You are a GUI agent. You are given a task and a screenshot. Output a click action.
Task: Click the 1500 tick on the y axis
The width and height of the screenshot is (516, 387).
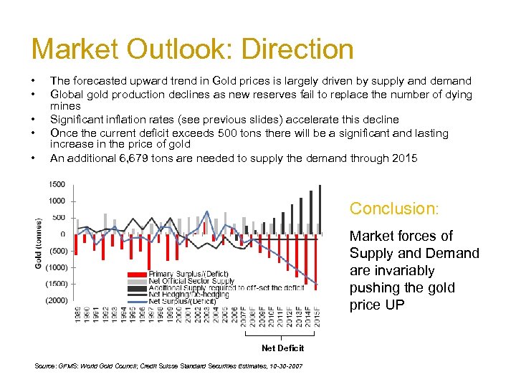click(57, 184)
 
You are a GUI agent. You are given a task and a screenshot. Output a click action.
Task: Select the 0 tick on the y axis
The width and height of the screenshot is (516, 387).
click(62, 234)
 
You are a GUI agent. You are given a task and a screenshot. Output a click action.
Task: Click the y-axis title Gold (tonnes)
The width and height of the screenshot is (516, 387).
click(39, 244)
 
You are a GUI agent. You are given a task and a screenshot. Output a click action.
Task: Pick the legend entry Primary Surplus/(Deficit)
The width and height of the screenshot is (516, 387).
click(189, 274)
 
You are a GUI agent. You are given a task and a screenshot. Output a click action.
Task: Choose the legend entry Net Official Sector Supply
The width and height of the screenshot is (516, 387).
click(191, 281)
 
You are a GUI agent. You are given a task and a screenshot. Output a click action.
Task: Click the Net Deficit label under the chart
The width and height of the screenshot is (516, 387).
click(282, 348)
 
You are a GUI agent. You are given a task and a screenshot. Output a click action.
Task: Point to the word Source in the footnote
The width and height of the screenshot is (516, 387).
click(47, 366)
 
